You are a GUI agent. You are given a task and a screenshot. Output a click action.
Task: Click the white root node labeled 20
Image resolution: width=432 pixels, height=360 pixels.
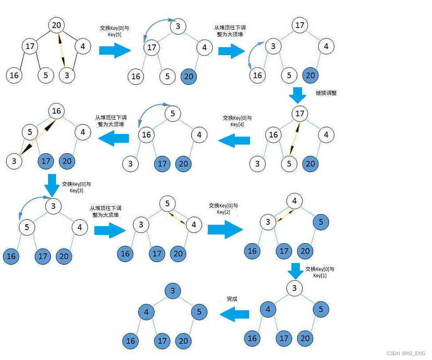[x=56, y=25]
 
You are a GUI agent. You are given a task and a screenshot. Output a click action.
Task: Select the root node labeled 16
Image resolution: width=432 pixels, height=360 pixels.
[x=56, y=111]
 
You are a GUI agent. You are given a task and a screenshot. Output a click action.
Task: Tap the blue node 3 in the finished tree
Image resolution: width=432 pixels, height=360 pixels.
[x=173, y=291]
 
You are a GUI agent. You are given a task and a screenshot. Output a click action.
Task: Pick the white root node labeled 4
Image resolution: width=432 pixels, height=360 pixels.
[x=294, y=201]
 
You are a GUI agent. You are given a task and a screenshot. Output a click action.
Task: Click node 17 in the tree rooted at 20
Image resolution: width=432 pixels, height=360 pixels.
[x=30, y=46]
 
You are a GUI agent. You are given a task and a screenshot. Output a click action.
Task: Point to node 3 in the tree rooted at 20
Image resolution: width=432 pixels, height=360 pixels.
[x=67, y=75]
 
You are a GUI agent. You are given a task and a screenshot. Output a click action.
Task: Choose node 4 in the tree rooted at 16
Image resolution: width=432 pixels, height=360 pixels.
[x=83, y=132]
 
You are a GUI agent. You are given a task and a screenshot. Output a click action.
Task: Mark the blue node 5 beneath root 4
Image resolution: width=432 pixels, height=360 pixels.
[x=321, y=222]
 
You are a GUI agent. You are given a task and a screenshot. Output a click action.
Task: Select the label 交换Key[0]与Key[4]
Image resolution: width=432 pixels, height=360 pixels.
[x=237, y=121]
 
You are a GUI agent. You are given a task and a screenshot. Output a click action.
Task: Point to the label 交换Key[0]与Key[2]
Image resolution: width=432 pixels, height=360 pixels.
[x=223, y=209]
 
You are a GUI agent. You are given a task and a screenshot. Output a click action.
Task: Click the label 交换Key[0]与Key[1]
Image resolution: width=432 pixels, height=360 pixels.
[x=320, y=272]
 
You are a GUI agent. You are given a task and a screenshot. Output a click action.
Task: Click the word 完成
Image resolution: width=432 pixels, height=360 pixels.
[x=232, y=299]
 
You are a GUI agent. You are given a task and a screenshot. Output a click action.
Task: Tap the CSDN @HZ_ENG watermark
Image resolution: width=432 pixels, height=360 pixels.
[x=406, y=353]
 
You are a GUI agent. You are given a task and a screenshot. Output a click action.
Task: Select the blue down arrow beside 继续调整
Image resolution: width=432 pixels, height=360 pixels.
[x=297, y=95]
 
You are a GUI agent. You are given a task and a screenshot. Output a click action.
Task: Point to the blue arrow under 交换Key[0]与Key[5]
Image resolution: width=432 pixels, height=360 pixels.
[x=115, y=50]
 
